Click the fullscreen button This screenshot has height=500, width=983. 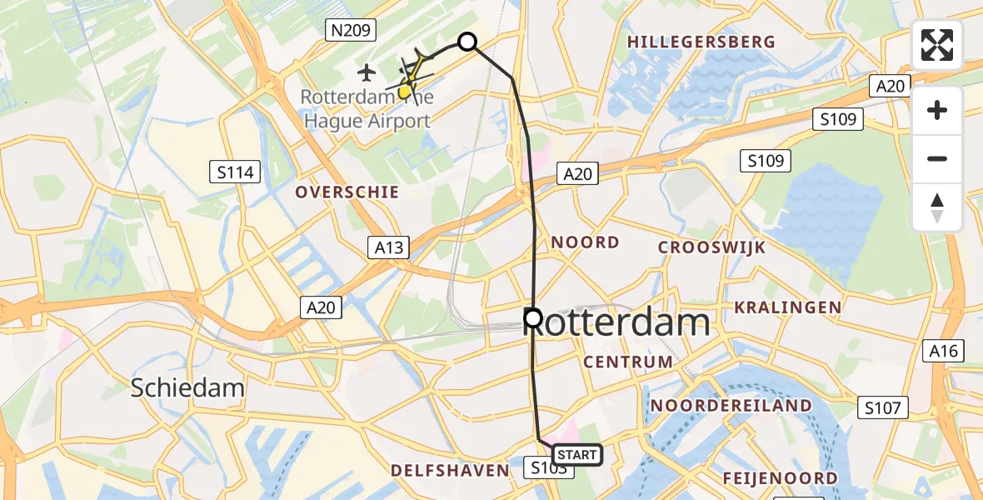click(x=937, y=45)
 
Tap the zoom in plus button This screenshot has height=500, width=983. click(x=937, y=110)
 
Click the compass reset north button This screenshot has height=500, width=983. click(x=937, y=207)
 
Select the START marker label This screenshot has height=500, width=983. click(x=576, y=455)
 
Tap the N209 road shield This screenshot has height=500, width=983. click(x=350, y=32)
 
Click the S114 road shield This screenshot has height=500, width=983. click(x=235, y=172)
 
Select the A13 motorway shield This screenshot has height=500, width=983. click(x=388, y=247)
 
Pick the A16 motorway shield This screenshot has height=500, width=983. click(x=943, y=352)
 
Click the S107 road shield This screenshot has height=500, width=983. click(x=883, y=408)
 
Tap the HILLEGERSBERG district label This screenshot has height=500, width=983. click(x=701, y=42)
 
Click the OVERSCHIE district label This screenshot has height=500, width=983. click(x=347, y=192)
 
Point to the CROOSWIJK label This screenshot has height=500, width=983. click(x=711, y=247)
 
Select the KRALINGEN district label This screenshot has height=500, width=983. click(x=787, y=307)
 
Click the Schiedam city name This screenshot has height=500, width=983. click(x=188, y=387)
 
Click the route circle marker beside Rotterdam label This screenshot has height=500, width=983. click(x=532, y=317)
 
